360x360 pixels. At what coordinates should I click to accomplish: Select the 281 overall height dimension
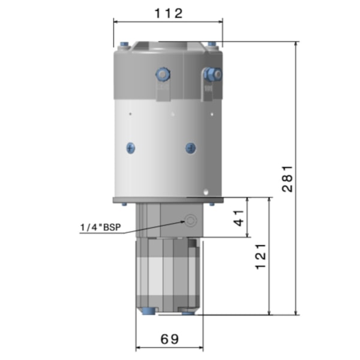tap(287, 178)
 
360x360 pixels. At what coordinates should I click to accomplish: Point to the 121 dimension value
tap(260, 256)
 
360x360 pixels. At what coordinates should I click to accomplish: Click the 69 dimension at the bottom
tap(170, 338)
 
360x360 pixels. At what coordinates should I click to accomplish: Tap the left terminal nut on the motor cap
tap(162, 74)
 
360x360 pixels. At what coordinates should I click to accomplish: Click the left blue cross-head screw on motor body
tap(130, 147)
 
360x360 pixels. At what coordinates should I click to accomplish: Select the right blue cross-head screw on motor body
tap(190, 147)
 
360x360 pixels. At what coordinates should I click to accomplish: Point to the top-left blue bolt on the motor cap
tap(124, 44)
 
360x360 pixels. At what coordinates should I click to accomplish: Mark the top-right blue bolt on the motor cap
tap(212, 44)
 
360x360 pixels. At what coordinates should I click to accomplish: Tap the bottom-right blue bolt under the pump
tap(188, 312)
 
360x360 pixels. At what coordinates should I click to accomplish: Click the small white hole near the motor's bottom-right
tap(206, 193)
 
